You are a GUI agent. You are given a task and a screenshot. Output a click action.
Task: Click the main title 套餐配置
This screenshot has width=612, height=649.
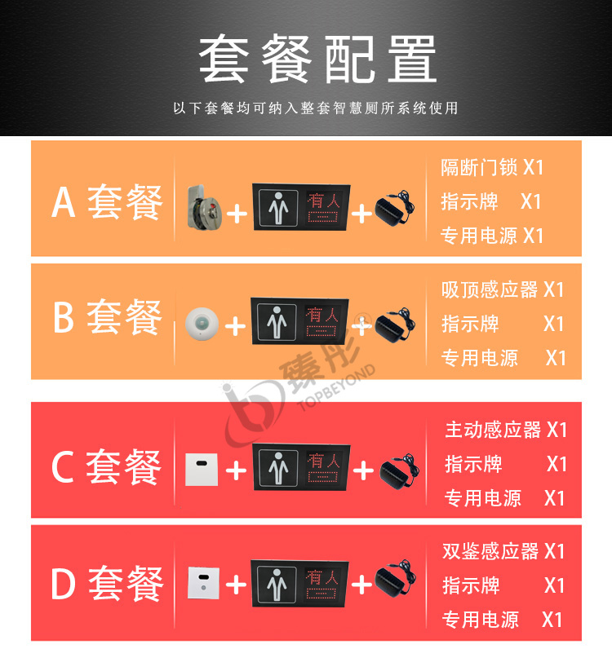click(x=317, y=59)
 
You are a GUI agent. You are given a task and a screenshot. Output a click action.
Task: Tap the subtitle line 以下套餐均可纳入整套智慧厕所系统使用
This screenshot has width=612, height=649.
click(x=316, y=108)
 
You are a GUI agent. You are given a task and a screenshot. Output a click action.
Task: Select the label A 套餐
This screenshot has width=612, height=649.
click(x=107, y=202)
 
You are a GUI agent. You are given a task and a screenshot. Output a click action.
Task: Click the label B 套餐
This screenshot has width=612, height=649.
click(x=107, y=316)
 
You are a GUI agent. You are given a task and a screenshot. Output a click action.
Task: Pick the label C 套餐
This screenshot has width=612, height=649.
click(x=106, y=466)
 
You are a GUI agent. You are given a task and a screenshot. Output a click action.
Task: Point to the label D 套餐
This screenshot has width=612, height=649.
click(x=107, y=583)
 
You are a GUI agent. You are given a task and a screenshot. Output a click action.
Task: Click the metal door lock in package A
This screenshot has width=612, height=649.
click(x=204, y=208)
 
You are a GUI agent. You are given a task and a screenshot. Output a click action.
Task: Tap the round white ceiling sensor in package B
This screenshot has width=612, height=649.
click(x=202, y=324)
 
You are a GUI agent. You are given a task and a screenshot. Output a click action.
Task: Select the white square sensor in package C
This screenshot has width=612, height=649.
click(x=202, y=470)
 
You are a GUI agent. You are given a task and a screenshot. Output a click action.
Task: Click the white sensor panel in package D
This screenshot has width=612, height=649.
click(x=203, y=583)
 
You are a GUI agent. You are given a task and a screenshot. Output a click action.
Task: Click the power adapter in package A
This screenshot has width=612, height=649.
click(x=394, y=208)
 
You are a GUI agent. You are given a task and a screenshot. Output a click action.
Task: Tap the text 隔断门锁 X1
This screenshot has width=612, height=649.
click(x=492, y=168)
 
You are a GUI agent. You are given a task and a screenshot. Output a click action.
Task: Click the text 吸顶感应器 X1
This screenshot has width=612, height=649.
click(x=503, y=289)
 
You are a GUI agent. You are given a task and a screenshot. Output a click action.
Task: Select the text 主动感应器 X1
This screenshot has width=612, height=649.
click(x=506, y=430)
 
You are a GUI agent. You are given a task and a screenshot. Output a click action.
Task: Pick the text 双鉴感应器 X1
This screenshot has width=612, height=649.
click(x=503, y=551)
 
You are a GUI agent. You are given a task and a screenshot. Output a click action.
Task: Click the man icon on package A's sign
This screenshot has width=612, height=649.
click(x=278, y=208)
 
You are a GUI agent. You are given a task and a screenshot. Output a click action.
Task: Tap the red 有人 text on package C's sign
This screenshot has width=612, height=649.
click(x=324, y=461)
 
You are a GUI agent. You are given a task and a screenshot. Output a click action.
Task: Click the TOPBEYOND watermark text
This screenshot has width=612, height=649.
click(x=336, y=387)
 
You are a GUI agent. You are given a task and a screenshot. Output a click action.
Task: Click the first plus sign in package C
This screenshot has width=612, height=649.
click(x=236, y=470)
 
